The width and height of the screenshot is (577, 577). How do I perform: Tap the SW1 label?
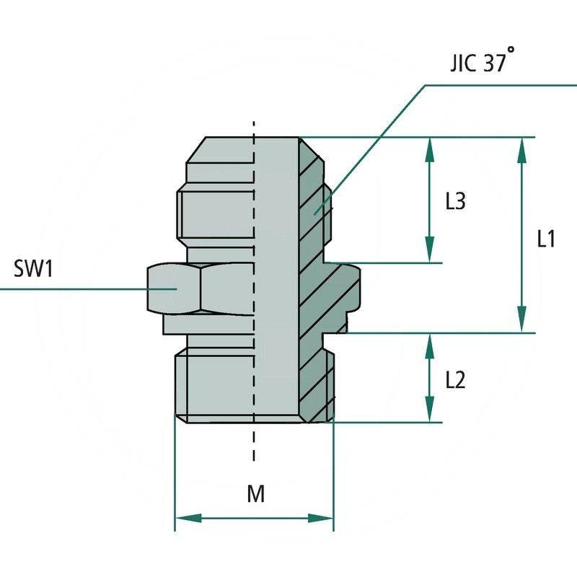(34, 270)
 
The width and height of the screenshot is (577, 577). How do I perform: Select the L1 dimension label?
(546, 239)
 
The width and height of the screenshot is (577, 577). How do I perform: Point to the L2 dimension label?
(455, 379)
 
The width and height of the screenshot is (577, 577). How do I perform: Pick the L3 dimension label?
(455, 202)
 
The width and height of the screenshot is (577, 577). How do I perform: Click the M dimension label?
(255, 494)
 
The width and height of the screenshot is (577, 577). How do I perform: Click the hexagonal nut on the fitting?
(202, 288)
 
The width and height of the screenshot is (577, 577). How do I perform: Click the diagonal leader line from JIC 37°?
(375, 144)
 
